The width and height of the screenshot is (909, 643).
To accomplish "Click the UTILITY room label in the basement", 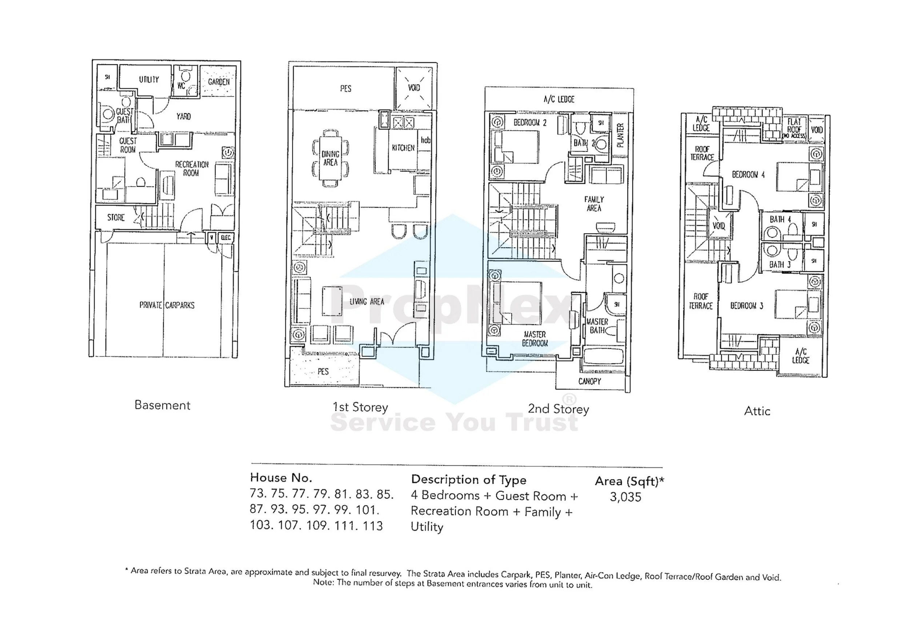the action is pyautogui.click(x=149, y=80).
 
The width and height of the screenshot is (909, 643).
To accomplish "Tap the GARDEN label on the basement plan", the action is pyautogui.click(x=219, y=82).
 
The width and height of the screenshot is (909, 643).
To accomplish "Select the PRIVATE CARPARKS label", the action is pyautogui.click(x=167, y=305).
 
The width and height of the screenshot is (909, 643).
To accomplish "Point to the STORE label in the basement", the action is pyautogui.click(x=116, y=218).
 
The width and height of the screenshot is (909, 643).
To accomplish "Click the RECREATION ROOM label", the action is pyautogui.click(x=192, y=169).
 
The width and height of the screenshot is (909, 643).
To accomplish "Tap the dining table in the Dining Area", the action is pyautogui.click(x=331, y=158).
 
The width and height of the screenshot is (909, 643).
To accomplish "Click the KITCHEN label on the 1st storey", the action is pyautogui.click(x=403, y=148).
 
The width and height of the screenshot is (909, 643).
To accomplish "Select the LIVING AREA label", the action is pyautogui.click(x=367, y=302).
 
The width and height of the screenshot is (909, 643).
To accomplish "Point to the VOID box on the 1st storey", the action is pyautogui.click(x=414, y=88).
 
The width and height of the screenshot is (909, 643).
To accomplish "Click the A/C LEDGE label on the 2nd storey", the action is pyautogui.click(x=558, y=99).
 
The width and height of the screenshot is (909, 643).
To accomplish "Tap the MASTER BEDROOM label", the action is pyautogui.click(x=534, y=339).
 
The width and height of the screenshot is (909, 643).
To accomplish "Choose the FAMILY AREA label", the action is pyautogui.click(x=594, y=204).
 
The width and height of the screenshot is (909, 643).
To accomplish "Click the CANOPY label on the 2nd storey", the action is pyautogui.click(x=589, y=381).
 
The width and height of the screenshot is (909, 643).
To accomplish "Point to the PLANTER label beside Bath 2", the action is pyautogui.click(x=620, y=135).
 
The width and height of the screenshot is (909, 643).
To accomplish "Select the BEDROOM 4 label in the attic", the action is pyautogui.click(x=748, y=175).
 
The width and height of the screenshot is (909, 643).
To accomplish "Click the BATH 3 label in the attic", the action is pyautogui.click(x=780, y=264).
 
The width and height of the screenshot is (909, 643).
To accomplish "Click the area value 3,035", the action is pyautogui.click(x=625, y=497).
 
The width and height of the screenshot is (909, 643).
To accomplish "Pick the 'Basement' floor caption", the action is pyautogui.click(x=162, y=406).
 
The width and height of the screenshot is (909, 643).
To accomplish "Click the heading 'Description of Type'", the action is pyautogui.click(x=469, y=480).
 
